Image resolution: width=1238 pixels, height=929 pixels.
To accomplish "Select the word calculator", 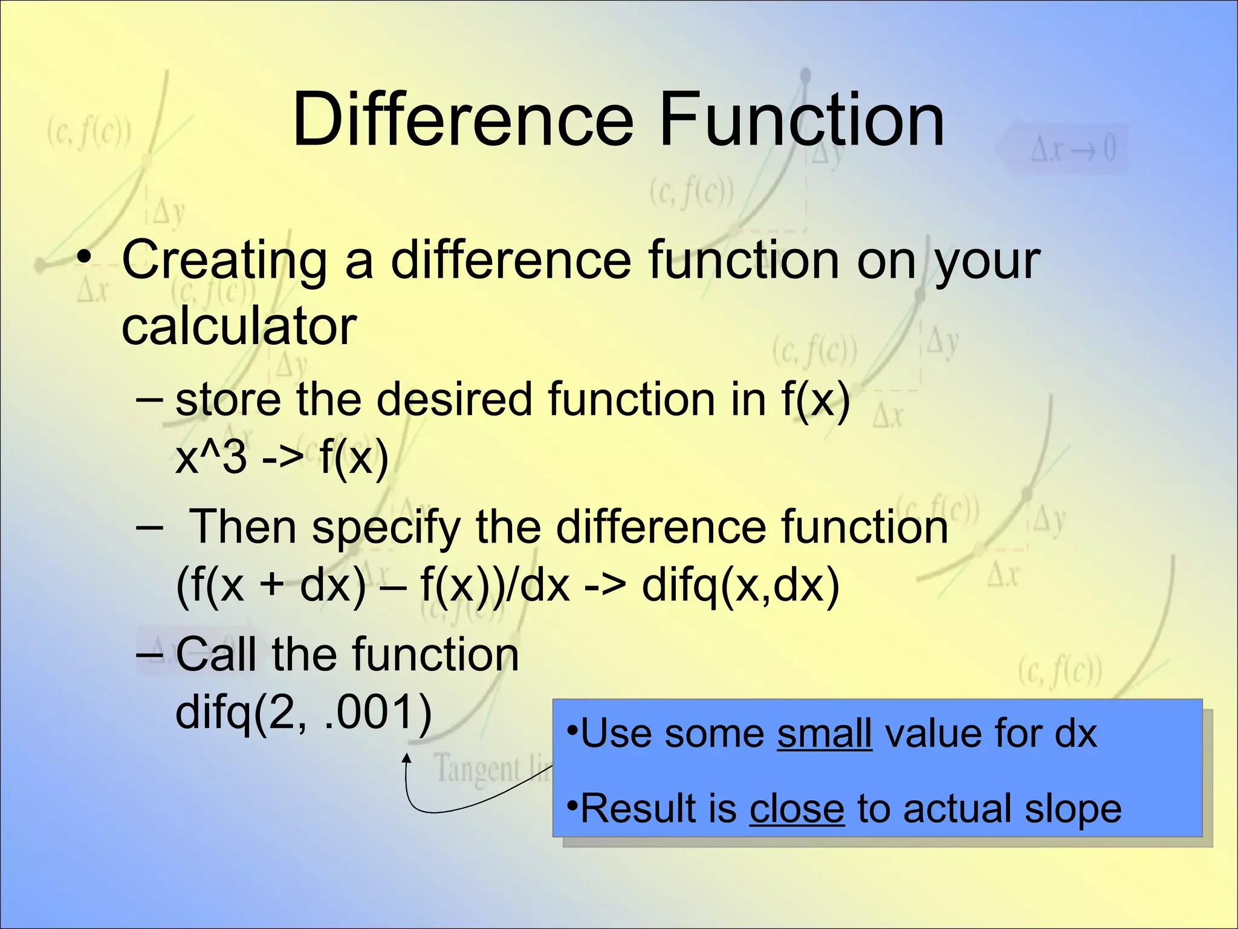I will [x=239, y=327].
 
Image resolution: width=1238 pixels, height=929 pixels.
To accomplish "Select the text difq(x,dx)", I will [x=740, y=585].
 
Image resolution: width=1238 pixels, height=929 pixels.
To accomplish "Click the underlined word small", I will [x=824, y=734].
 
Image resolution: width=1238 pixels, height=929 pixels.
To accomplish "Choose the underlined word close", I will [x=796, y=809].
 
